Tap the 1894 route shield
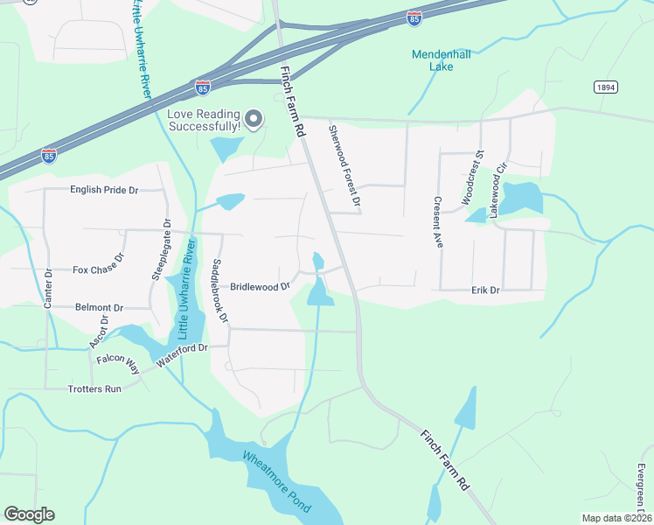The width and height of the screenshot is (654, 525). pos(605,87)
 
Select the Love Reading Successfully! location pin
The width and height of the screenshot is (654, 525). pos(254,118)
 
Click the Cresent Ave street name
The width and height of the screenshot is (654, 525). pos(435,222)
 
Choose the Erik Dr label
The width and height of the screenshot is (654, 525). pos(484,290)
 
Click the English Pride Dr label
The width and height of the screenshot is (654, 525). pos(104,190)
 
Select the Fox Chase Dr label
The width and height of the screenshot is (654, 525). pos(99,269)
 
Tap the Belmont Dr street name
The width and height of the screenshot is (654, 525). pos(100,308)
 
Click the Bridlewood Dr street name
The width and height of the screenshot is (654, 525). pos(260,286)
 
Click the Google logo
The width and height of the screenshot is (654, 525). pos(29,514)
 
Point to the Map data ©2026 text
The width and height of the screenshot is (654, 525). pos(616,518)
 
